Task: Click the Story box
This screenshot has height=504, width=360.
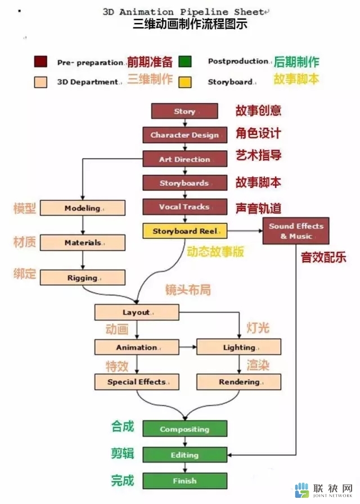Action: tap(184, 111)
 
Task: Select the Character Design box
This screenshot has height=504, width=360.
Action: tap(185, 135)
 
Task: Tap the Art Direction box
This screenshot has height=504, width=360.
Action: tap(185, 159)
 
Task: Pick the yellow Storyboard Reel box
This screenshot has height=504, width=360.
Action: tap(185, 231)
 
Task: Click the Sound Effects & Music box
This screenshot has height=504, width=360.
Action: tap(296, 231)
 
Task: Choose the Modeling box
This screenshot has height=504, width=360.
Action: tap(83, 208)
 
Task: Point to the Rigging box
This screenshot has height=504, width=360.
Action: tap(83, 277)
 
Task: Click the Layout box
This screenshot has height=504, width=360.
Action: tap(137, 312)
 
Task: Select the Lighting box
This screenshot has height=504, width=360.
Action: tap(239, 347)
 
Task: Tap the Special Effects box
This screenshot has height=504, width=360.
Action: tap(137, 382)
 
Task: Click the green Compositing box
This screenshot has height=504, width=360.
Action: tap(185, 429)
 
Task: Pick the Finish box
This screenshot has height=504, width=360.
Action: tap(185, 481)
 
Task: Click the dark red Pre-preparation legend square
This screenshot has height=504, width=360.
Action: tap(40, 61)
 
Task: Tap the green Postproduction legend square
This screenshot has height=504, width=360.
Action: tap(185, 61)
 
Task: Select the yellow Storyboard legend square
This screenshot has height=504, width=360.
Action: tap(185, 82)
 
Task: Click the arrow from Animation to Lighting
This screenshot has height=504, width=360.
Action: tap(188, 347)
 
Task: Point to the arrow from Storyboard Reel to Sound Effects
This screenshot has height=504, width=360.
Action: tap(245, 231)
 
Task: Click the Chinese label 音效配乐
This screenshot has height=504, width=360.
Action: tap(323, 257)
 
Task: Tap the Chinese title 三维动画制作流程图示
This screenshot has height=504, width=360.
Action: tap(190, 24)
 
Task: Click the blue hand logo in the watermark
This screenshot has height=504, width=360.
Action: tap(302, 490)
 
